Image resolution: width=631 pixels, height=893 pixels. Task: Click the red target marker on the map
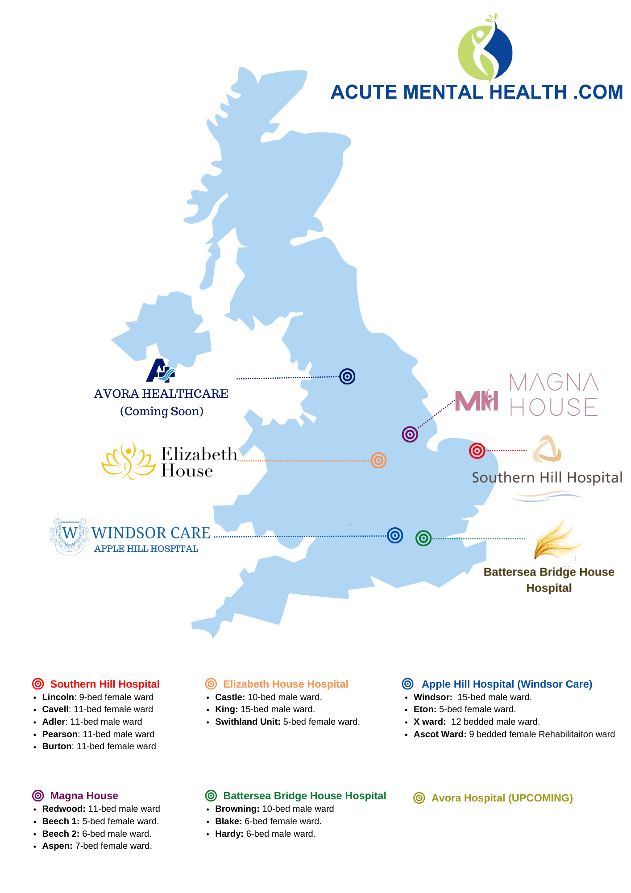pos(477,451)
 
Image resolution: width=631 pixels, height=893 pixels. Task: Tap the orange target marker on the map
pos(378,460)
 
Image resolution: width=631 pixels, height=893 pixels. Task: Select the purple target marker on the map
pos(410,434)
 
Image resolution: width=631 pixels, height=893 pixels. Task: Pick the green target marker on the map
pos(423,538)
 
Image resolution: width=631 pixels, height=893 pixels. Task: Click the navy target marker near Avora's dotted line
pos(347,376)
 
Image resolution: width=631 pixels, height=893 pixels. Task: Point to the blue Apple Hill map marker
pos(395,535)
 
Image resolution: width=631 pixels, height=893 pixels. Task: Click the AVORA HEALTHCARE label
pos(161,394)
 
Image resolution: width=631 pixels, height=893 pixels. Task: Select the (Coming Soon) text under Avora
pos(162,411)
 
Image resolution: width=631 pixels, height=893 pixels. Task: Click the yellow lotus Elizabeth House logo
pos(129,461)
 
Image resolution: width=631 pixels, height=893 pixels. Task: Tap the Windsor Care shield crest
pos(70,536)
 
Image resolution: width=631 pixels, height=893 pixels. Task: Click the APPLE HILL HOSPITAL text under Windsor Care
pos(146,549)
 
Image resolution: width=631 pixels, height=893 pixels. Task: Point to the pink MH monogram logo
pos(476,400)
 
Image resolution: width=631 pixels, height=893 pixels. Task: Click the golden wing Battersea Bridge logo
pos(558,538)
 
